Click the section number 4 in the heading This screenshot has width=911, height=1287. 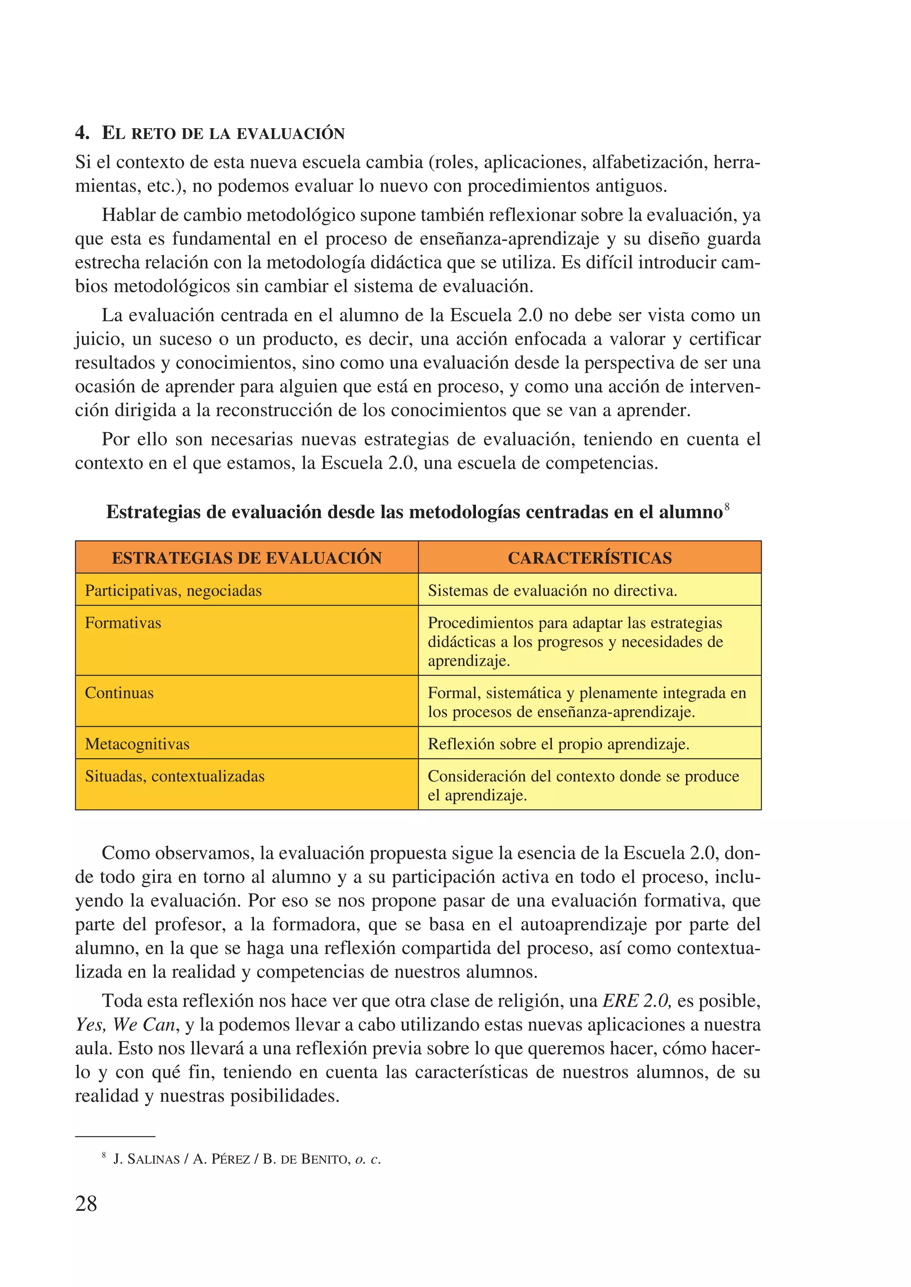81,133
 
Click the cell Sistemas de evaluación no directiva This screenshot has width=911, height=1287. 552,591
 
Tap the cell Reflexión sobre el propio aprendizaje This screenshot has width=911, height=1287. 558,744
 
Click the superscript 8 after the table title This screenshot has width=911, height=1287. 727,507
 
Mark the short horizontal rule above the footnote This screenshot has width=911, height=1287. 115,1137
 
